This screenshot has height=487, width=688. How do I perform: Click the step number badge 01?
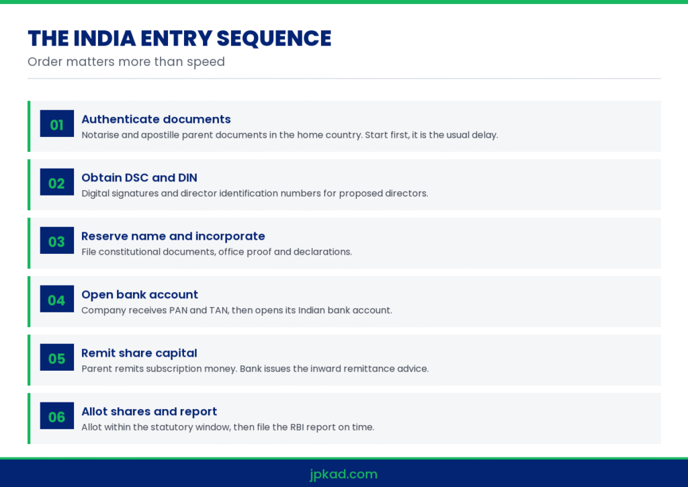click(x=57, y=124)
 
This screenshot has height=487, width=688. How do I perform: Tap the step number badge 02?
click(x=57, y=181)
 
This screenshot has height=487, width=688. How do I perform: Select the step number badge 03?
click(x=57, y=240)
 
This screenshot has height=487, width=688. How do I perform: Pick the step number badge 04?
click(x=57, y=298)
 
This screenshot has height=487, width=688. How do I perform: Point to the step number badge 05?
click(x=57, y=357)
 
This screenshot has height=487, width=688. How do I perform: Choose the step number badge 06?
click(x=57, y=416)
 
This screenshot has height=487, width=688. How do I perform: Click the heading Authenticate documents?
click(x=156, y=120)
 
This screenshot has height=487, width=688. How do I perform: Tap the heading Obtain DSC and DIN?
click(x=140, y=178)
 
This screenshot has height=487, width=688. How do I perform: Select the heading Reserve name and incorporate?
click(x=173, y=236)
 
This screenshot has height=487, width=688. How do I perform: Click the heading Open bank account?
click(x=140, y=295)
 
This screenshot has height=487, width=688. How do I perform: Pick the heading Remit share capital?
click(x=139, y=353)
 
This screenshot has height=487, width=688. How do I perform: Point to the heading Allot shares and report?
click(x=149, y=412)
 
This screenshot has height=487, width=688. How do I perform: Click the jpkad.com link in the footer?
click(x=343, y=474)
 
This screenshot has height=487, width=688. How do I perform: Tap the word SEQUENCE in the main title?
click(x=274, y=38)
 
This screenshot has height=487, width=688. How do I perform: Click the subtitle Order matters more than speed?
click(x=126, y=62)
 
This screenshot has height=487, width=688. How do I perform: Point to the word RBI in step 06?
click(x=297, y=427)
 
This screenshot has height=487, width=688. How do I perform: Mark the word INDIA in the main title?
click(x=105, y=38)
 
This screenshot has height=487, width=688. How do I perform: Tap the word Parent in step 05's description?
click(x=95, y=369)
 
